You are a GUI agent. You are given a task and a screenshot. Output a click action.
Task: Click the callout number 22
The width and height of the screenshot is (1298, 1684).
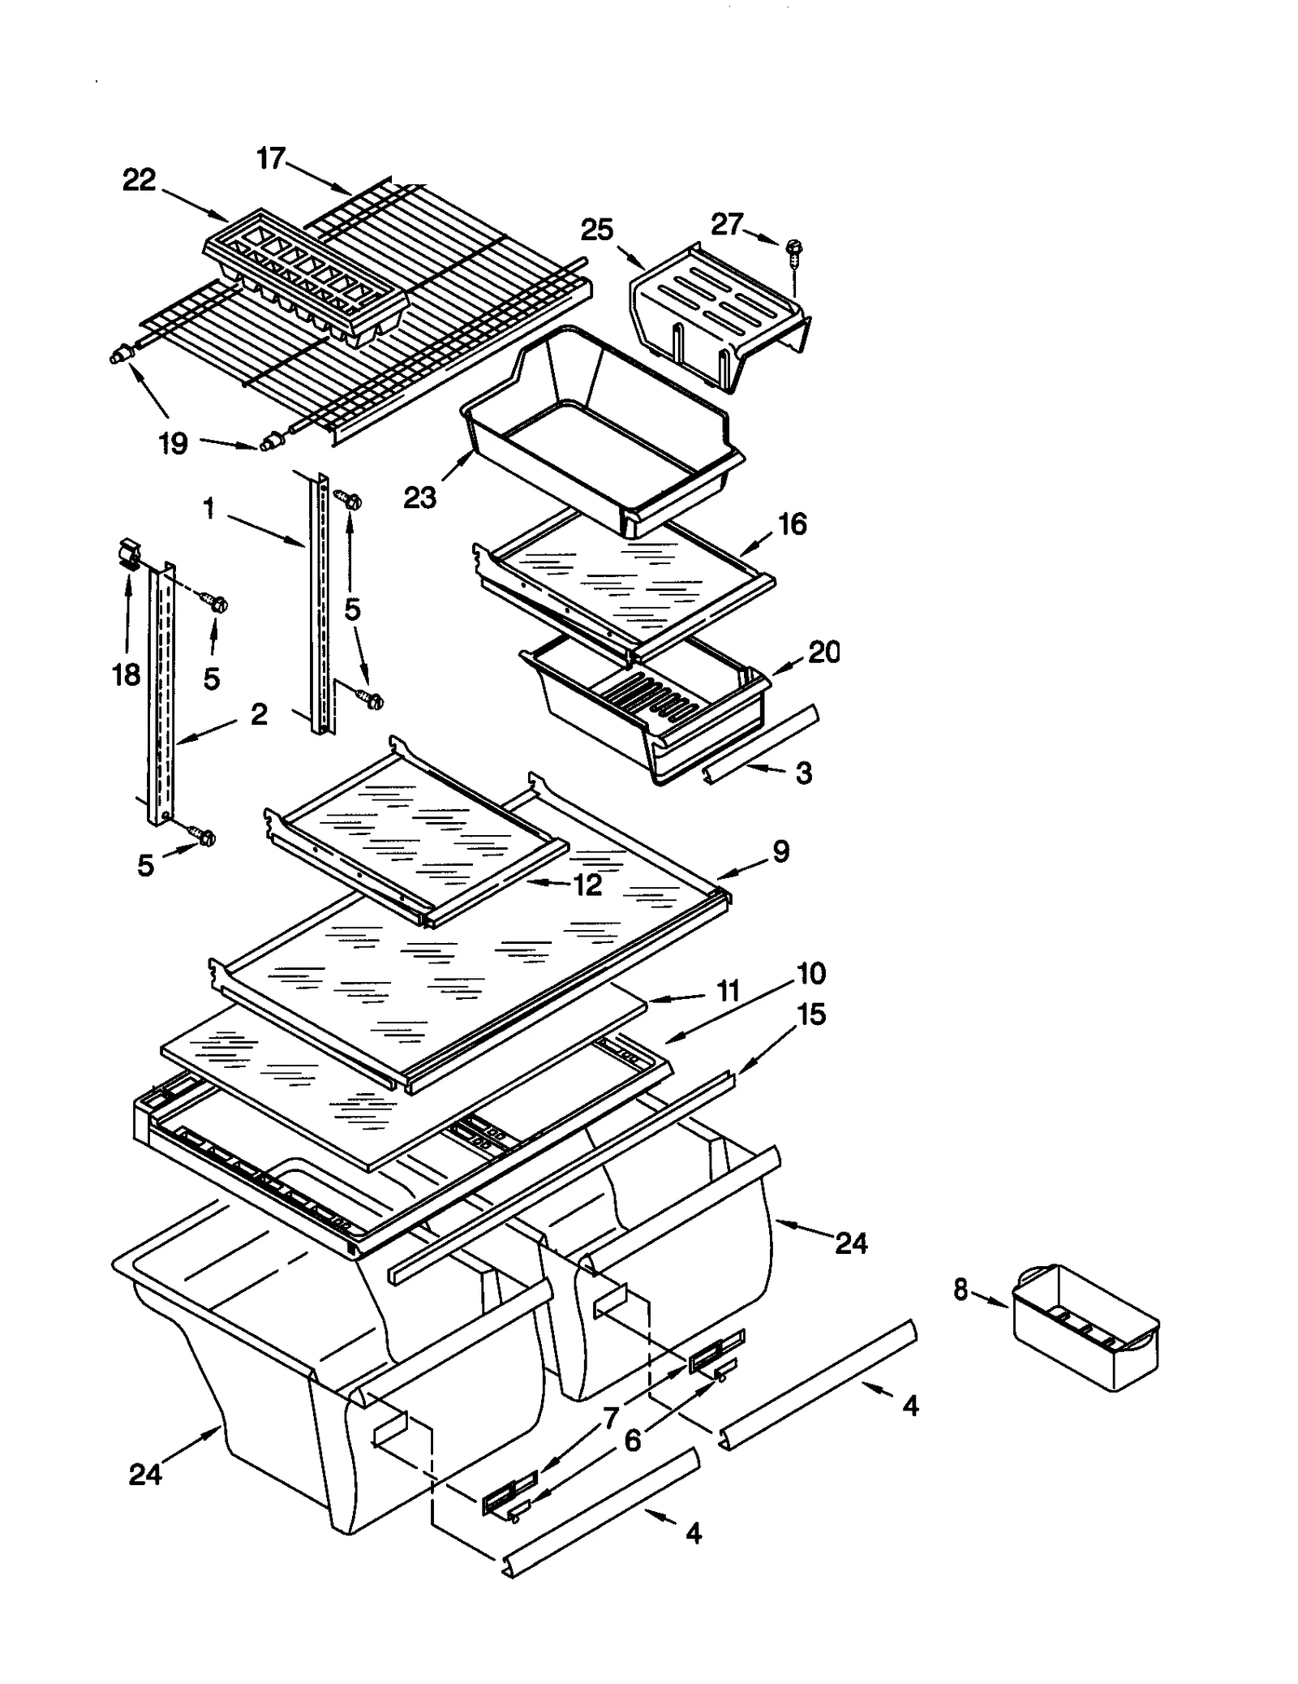pos(139,180)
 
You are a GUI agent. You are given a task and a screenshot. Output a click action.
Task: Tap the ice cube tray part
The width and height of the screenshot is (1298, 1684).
pos(304,280)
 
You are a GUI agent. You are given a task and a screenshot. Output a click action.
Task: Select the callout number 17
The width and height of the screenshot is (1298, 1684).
pos(271,158)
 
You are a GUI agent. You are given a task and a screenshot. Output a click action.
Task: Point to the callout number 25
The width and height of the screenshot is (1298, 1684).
pos(597,230)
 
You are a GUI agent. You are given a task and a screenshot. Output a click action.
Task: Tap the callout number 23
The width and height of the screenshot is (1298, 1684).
pos(420,497)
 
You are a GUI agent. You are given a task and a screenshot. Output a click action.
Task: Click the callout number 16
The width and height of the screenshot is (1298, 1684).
pos(792,524)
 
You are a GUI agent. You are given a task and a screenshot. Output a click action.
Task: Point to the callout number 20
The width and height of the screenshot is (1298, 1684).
pos(823,652)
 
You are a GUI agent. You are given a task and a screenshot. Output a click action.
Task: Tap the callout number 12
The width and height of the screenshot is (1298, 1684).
pos(587,885)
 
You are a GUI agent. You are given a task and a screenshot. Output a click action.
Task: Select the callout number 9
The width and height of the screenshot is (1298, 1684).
pos(780,851)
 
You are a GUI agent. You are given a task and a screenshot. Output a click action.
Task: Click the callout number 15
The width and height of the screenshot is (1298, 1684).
pos(811,1014)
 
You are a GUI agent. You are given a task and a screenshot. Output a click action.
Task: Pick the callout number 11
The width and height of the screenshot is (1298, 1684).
pos(728,991)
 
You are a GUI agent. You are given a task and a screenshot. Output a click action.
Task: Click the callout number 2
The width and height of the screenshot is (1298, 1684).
pos(258,714)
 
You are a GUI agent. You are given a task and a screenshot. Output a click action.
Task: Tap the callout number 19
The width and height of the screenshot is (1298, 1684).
pos(173,444)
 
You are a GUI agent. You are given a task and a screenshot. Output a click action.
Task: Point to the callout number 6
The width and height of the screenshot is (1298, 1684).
pos(633,1441)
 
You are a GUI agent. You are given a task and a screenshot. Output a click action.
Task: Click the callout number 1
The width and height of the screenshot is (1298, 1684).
pos(208,509)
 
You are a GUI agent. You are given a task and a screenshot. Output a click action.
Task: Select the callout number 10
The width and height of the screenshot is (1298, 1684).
pos(811,973)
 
